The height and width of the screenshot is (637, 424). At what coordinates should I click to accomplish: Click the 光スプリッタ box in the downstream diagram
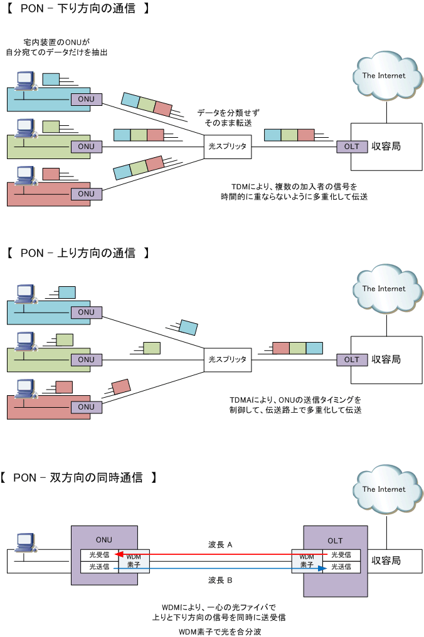coord(228,146)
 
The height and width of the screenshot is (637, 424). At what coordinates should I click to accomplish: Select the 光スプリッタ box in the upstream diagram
coord(228,360)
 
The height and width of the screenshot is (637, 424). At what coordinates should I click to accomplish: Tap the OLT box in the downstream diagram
coord(352,147)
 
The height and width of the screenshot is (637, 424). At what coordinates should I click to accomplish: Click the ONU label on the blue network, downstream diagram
coord(87,99)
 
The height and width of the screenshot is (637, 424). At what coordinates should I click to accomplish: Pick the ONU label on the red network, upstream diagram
coord(87,407)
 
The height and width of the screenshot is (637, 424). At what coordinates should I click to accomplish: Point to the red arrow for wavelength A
coord(221,554)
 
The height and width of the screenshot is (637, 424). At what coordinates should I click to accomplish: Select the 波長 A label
coord(220,545)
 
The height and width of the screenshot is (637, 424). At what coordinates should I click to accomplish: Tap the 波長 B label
coord(220,580)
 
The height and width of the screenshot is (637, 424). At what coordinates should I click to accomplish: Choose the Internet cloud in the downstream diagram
coord(386,75)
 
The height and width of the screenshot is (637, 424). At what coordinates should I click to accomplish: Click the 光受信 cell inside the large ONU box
coord(99,555)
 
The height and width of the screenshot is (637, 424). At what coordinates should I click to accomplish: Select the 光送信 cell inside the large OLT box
coord(341,567)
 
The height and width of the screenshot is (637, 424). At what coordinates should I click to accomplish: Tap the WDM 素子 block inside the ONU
coord(134,561)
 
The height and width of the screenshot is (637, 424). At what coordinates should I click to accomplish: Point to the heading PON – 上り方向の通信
coord(78,253)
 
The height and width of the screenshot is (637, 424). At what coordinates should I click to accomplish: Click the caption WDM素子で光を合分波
coord(220,631)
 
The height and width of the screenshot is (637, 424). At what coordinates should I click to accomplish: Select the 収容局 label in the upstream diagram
coord(386,360)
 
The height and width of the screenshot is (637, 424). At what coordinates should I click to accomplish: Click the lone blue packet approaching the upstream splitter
coord(188,328)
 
